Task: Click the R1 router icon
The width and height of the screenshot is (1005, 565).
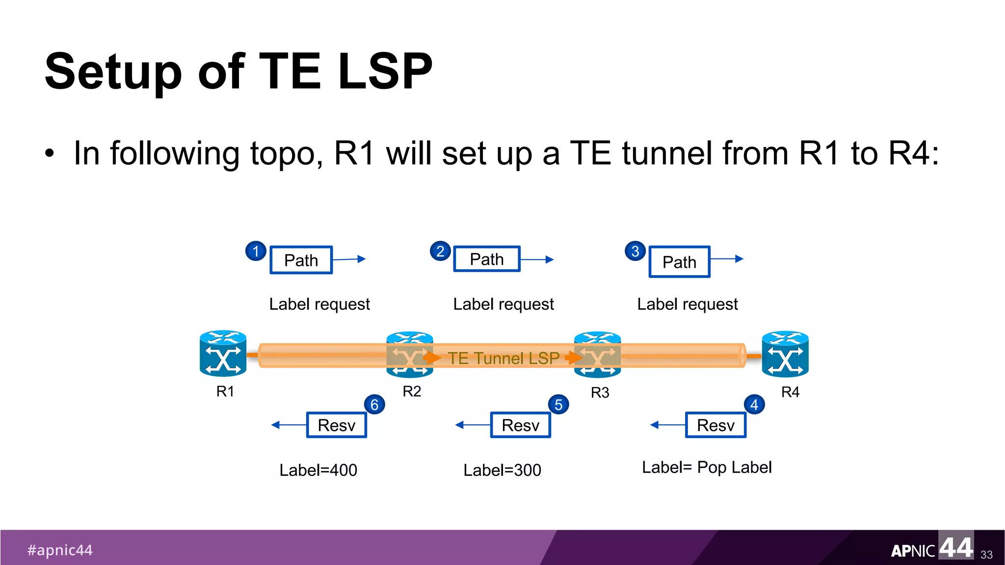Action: tap(223, 354)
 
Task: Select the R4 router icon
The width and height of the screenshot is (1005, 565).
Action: tap(785, 354)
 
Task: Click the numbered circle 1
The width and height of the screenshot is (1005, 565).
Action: tap(256, 251)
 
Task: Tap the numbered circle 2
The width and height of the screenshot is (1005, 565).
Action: tap(440, 251)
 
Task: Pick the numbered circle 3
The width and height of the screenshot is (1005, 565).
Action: tap(635, 251)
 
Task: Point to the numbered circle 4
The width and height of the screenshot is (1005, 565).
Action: tap(754, 405)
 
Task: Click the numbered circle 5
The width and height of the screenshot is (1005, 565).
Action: tap(558, 405)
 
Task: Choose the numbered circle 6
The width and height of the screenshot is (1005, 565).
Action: tap(374, 405)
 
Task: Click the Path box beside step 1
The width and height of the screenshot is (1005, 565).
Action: tap(301, 260)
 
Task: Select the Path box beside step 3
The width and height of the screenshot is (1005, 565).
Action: tap(680, 262)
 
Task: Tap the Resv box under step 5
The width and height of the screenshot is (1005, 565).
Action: tap(521, 425)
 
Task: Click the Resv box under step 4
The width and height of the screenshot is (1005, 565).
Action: tap(715, 425)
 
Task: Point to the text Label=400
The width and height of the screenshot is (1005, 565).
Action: tap(318, 470)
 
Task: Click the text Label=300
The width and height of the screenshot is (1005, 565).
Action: tap(502, 470)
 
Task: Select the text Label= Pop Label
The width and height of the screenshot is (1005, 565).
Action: tap(707, 467)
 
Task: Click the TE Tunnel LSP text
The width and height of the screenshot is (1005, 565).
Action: tap(503, 358)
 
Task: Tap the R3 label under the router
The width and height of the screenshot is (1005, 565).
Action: tap(600, 393)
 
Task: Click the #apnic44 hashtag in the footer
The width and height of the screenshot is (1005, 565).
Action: tap(60, 550)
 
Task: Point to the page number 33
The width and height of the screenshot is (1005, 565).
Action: tap(986, 555)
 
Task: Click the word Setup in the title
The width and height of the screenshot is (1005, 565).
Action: tap(113, 72)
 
